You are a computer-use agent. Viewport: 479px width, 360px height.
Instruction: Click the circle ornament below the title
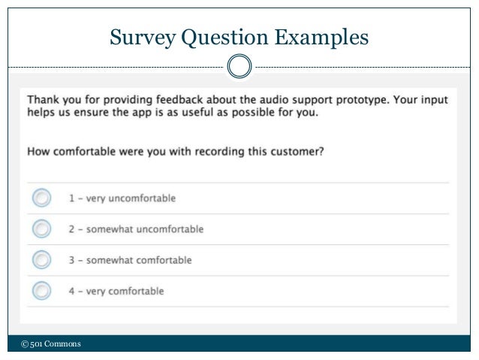point(239,66)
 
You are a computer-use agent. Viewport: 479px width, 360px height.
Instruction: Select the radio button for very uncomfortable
point(42,198)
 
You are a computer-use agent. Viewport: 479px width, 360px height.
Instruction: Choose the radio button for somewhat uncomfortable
point(42,228)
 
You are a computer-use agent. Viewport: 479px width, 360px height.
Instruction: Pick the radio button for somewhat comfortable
point(42,260)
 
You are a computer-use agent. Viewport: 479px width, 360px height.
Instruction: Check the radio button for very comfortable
point(42,290)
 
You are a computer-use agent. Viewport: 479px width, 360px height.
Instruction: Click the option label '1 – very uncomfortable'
point(122,198)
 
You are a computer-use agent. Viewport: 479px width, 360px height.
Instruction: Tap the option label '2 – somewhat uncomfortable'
point(136,228)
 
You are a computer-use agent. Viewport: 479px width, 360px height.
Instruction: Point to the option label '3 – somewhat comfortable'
point(130,260)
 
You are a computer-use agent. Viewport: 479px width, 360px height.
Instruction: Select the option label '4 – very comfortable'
point(116,290)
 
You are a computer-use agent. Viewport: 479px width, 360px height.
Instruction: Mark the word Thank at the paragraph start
point(44,98)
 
